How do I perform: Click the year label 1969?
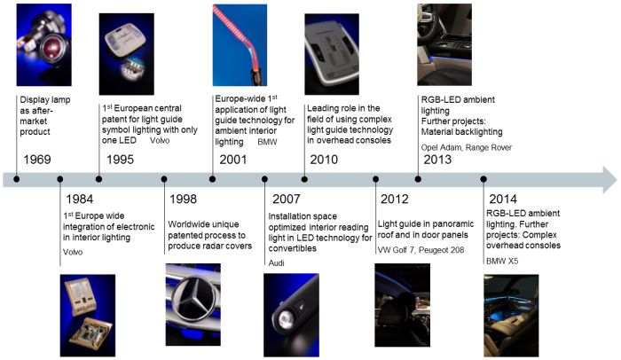click(37, 160)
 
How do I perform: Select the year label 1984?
click(80, 199)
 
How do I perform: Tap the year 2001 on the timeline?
click(233, 160)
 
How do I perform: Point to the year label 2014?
click(503, 199)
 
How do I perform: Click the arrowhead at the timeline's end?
click(610, 179)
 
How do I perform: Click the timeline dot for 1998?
click(164, 179)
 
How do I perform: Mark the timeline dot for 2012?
click(375, 179)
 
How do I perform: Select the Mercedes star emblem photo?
click(193, 304)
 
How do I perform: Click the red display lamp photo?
click(44, 44)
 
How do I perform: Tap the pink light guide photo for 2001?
click(240, 44)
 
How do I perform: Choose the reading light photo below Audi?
click(292, 315)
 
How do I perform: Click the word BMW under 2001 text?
click(267, 142)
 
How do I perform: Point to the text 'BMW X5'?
click(502, 261)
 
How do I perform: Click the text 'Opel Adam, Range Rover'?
click(467, 147)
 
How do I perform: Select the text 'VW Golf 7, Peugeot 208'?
click(421, 250)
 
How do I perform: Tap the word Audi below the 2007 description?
click(277, 263)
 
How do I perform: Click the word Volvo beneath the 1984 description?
click(73, 252)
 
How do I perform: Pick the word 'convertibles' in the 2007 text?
click(292, 248)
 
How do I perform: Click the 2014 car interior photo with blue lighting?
click(511, 316)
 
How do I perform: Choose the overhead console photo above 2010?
click(332, 54)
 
